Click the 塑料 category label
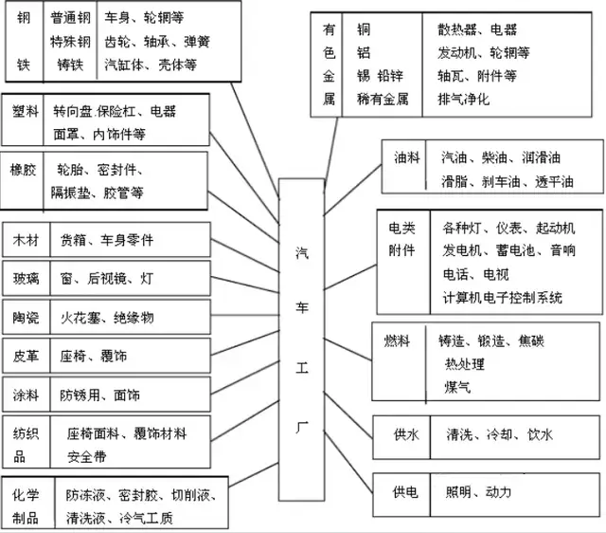point(26,111)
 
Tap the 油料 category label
point(406,158)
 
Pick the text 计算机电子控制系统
point(502,298)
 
